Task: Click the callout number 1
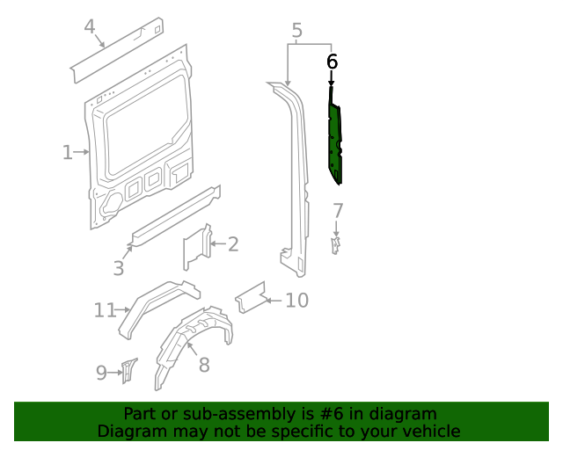pos(67,153)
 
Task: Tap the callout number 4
pos(90,27)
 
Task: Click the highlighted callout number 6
pos(332,62)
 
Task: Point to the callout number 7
pos(338,211)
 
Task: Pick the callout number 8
pos(204,364)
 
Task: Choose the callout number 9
pos(101,373)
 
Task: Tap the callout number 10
pos(297,301)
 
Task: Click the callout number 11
pos(105,309)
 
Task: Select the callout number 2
pos(232,244)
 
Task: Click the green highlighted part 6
pos(335,141)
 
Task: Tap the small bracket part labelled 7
pos(335,243)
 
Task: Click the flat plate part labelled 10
pos(252,297)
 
